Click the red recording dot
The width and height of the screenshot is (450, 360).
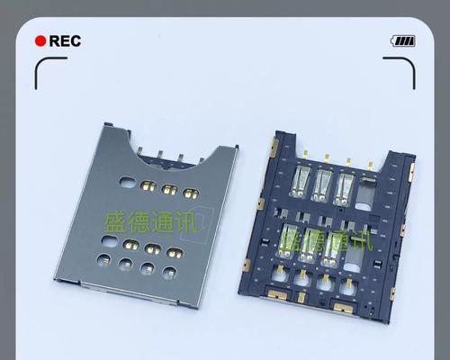[40, 41]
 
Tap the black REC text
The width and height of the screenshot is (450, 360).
[65, 41]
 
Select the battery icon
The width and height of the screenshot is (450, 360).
[403, 41]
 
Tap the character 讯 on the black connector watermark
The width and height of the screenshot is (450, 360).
[362, 241]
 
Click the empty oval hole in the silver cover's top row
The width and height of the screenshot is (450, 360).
[128, 182]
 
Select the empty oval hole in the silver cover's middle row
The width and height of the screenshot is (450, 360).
[110, 241]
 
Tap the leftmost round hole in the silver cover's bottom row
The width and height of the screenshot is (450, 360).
[103, 260]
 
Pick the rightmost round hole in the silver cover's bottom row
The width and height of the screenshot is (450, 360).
[169, 273]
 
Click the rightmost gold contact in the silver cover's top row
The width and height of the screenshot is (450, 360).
[192, 193]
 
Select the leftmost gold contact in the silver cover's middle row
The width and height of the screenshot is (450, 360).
[131, 245]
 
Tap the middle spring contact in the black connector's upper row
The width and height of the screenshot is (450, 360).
[321, 186]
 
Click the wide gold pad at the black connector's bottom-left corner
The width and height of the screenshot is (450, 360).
[277, 295]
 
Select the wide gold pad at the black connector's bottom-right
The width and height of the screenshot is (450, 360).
[344, 308]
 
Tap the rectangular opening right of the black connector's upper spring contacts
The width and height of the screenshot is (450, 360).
[365, 193]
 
